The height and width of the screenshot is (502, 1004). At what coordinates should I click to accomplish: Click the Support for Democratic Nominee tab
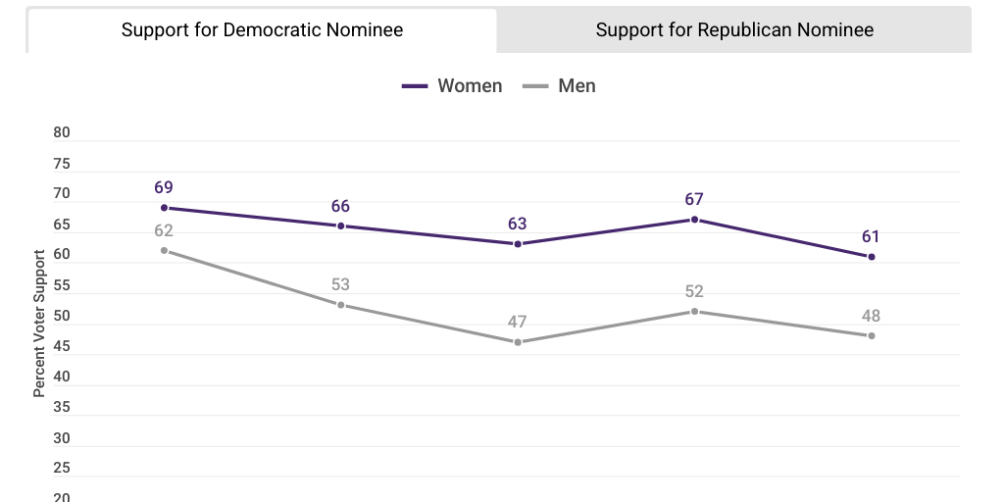[x=262, y=29]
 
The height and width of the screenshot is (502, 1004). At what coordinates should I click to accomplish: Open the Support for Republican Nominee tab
[x=734, y=29]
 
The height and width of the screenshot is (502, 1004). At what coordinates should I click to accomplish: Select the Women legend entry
[x=452, y=86]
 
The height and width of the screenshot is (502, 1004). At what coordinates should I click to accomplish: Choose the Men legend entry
[x=560, y=86]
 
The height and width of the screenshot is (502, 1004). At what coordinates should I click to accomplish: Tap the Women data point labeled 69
[x=164, y=208]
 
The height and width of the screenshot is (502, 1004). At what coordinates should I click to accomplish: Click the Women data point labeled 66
[x=341, y=226]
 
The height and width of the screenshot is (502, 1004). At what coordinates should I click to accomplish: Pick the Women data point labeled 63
[x=518, y=244]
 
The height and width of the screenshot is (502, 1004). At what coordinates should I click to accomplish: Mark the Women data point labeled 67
[x=694, y=220]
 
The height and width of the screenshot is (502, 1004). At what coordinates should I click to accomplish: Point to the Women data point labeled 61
[x=871, y=257]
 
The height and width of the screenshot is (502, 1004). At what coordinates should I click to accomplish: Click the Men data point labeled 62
[x=164, y=250]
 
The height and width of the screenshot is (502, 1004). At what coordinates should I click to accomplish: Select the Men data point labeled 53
[x=341, y=305]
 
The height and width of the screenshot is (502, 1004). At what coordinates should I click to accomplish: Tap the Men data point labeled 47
[x=518, y=342]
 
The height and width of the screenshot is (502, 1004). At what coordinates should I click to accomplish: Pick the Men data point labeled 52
[x=694, y=312]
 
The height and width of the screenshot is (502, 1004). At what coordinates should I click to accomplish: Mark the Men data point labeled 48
[x=871, y=335]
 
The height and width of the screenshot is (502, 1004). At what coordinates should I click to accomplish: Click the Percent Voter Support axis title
[x=39, y=324]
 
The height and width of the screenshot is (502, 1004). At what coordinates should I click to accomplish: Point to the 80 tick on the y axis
[x=62, y=133]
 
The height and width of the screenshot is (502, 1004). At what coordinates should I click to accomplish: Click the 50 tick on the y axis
[x=62, y=316]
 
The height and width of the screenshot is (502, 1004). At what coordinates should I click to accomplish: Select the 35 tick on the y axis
[x=62, y=407]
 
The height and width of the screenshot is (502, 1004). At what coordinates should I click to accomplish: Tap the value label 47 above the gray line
[x=518, y=322]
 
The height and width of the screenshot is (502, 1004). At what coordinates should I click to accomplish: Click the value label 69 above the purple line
[x=164, y=187]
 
